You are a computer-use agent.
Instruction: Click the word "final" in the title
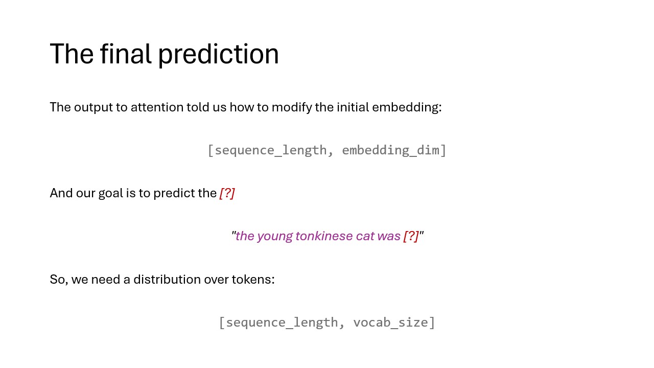tap(126, 54)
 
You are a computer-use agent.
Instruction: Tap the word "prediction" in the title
tap(219, 55)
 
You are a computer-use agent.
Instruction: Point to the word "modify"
tap(292, 108)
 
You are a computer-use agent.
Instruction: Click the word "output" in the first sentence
tap(93, 108)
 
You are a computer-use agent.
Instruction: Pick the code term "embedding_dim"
tap(390, 150)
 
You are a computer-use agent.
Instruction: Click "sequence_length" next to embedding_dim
tap(271, 151)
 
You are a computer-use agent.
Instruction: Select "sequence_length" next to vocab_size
tap(282, 323)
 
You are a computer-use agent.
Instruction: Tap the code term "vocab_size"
tap(391, 323)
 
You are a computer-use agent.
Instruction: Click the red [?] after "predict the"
tap(227, 193)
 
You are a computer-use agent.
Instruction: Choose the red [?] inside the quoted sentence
tap(411, 236)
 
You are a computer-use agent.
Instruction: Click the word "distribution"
tap(167, 280)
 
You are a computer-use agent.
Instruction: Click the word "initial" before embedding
tap(353, 107)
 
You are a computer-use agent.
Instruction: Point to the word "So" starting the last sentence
tap(58, 280)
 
